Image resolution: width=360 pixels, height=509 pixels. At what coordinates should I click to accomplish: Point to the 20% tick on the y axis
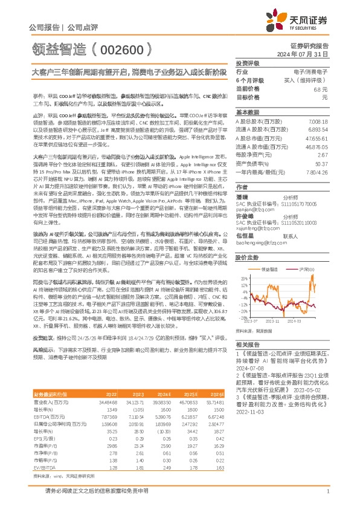tap(243, 262)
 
